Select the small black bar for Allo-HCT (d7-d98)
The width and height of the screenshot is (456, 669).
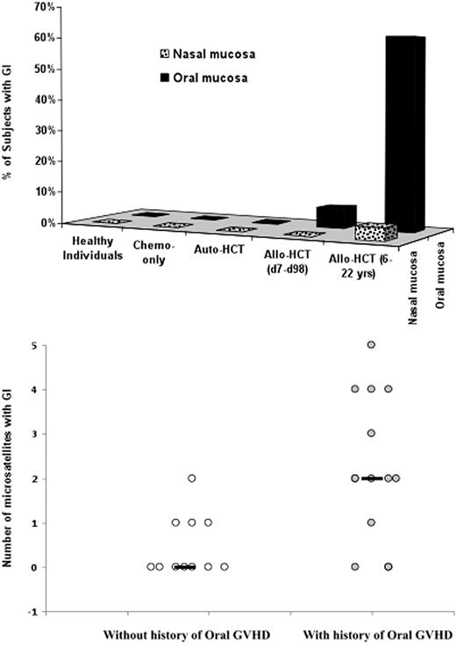click(335, 214)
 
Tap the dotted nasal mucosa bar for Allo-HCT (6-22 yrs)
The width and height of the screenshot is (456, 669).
click(376, 233)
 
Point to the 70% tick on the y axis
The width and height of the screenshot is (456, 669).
click(45, 7)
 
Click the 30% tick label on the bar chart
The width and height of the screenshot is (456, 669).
click(45, 130)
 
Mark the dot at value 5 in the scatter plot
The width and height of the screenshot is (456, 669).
click(371, 344)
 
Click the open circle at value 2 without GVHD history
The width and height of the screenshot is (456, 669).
click(192, 478)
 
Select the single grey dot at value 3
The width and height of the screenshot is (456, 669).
click(371, 434)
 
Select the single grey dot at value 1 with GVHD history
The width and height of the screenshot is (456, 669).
click(371, 523)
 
